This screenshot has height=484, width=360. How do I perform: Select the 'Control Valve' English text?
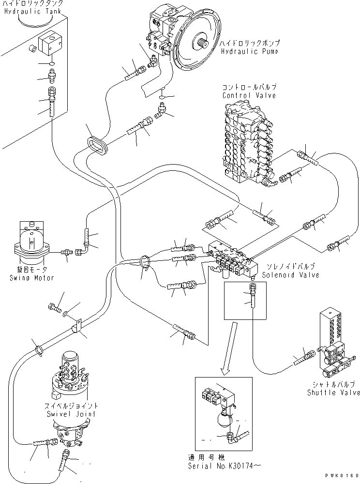point(250,95)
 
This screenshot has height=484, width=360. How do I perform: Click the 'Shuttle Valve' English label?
point(334,393)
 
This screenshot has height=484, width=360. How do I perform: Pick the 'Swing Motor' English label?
point(31,278)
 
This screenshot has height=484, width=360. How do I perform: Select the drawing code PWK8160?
point(340,476)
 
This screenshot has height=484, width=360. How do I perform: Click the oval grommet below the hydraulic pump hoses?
point(97,146)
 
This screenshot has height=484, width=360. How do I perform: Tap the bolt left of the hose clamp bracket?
point(53,307)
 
